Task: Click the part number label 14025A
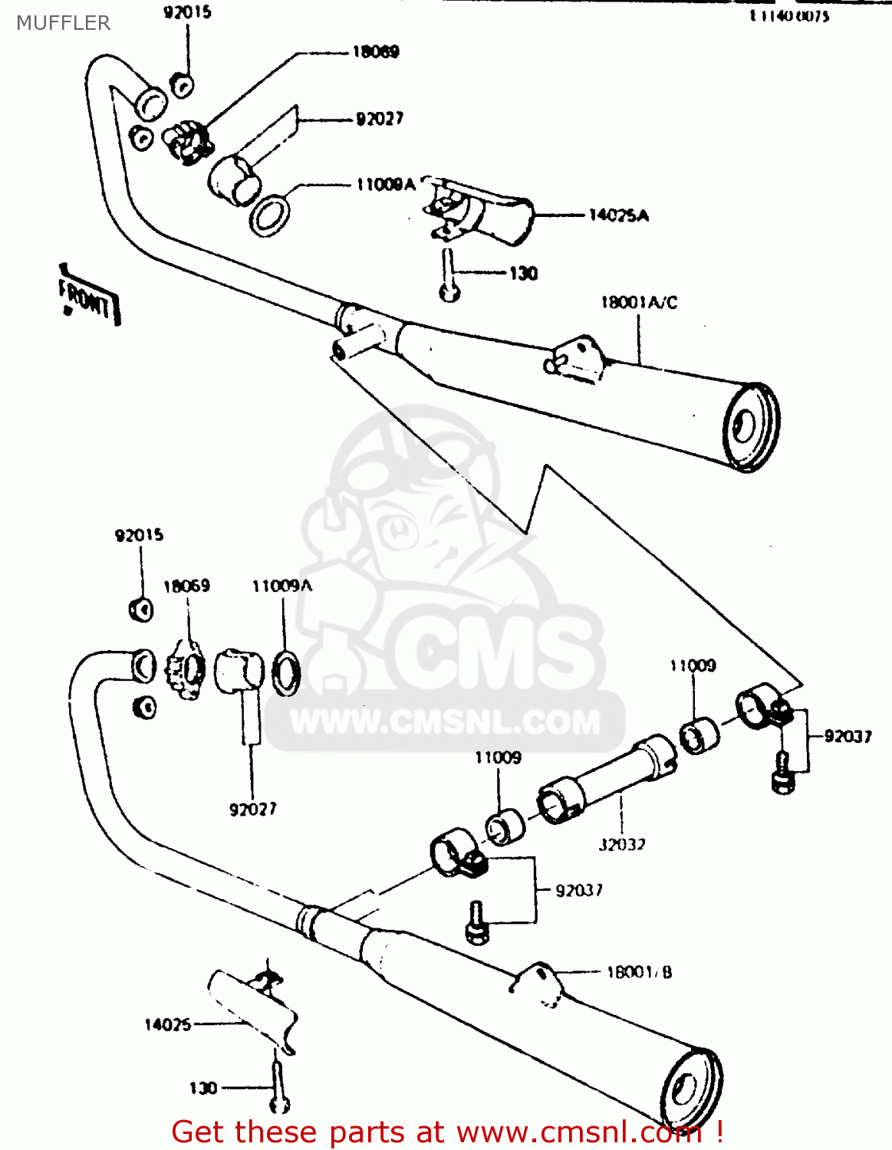(x=618, y=215)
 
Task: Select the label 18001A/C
(x=638, y=303)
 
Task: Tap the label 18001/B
(x=639, y=972)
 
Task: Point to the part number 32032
(x=621, y=845)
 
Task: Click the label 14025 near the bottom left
(x=167, y=1024)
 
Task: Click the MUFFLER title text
(x=64, y=23)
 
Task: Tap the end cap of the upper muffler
(x=750, y=426)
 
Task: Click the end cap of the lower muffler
(x=690, y=1089)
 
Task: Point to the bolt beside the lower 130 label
(x=278, y=1089)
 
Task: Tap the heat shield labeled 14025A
(x=491, y=214)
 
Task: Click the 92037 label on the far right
(x=848, y=737)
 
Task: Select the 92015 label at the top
(x=187, y=13)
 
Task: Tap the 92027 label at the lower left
(x=252, y=809)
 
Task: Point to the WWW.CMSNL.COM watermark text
(x=445, y=723)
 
